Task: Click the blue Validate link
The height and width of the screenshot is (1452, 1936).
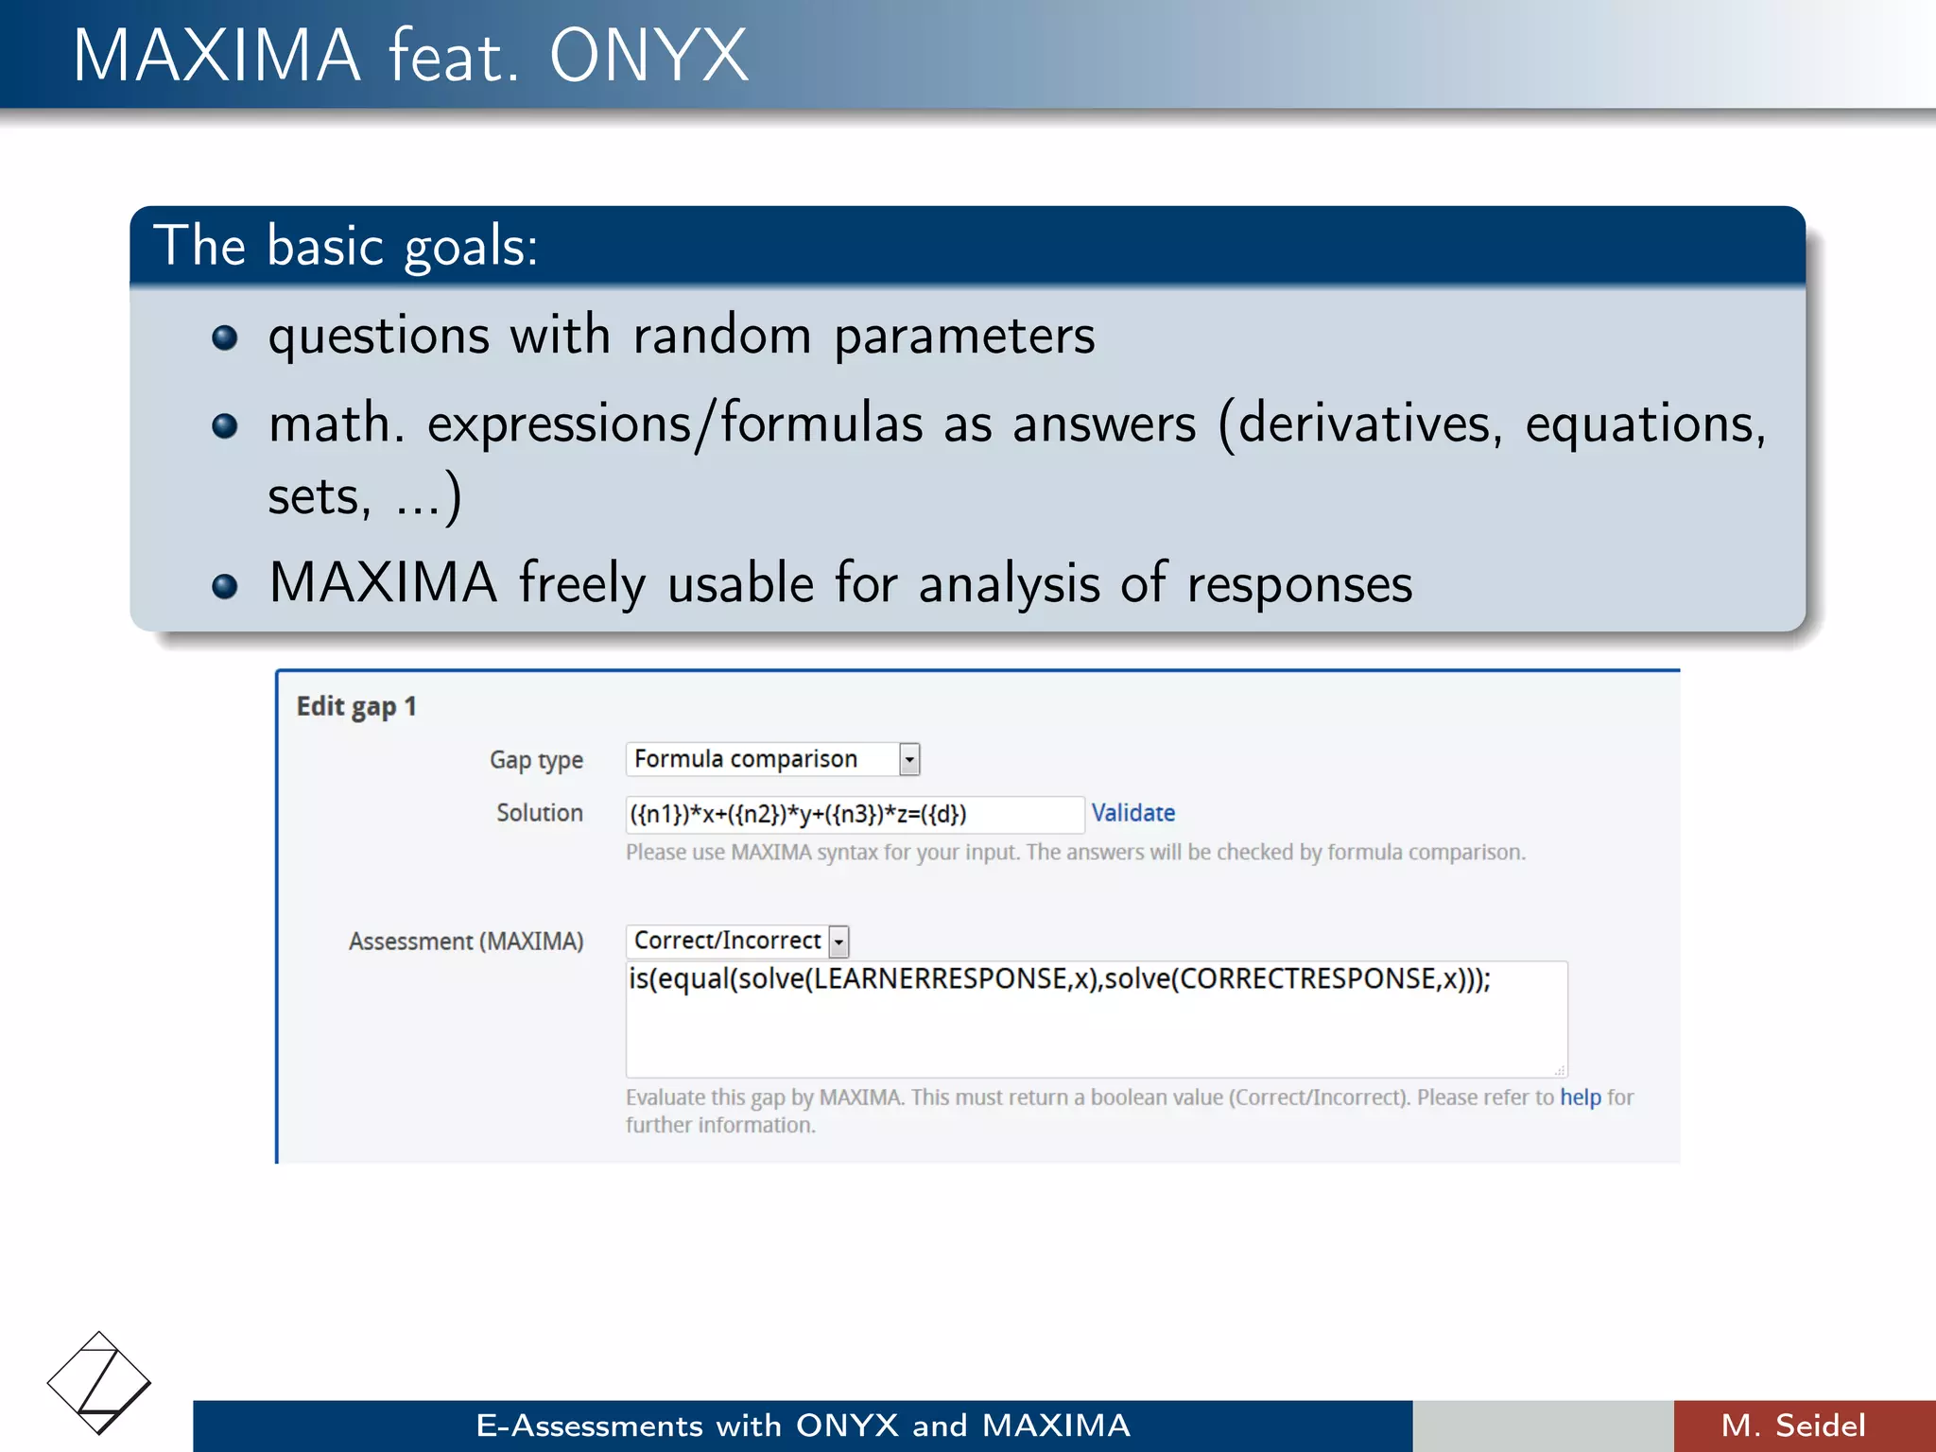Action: pos(1132,813)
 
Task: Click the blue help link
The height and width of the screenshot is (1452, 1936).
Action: pos(1580,1098)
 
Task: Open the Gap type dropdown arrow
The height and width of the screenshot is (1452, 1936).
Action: pos(908,759)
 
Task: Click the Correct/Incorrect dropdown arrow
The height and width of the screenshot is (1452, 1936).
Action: pos(838,942)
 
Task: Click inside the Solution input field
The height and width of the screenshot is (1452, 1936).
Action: pos(854,814)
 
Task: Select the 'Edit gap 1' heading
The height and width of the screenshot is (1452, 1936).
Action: pos(355,706)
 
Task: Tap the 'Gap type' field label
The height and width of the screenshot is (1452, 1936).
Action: pos(535,760)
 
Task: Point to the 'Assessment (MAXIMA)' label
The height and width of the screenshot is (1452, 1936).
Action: pos(465,942)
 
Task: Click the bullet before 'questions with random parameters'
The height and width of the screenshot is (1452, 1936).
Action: pos(224,337)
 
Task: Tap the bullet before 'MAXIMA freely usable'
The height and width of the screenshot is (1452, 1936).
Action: pos(224,586)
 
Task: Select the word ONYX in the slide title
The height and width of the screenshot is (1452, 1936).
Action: pos(648,57)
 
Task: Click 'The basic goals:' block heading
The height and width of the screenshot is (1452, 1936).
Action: pos(346,246)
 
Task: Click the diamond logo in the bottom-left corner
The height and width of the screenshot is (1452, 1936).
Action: pos(98,1382)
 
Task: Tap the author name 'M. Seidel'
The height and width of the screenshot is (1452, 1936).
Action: pos(1792,1426)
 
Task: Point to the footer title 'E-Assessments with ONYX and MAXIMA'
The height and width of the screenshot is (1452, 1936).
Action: pos(803,1426)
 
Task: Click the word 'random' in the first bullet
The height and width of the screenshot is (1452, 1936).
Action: pos(722,337)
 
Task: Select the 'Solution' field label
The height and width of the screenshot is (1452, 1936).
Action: pos(539,813)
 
